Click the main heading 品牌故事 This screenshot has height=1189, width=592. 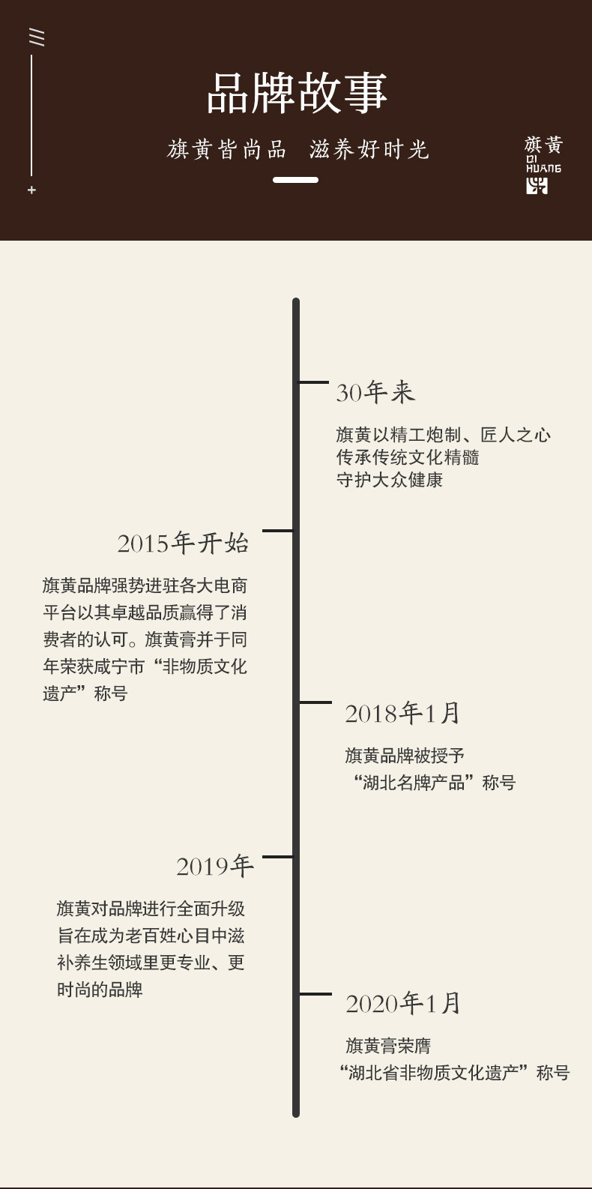point(297,94)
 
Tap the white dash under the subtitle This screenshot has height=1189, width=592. point(295,180)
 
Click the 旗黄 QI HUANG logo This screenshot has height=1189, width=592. point(543,164)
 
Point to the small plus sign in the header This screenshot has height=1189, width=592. point(31,190)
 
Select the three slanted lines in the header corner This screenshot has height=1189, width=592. point(36,37)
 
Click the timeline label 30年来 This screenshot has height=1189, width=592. point(375,392)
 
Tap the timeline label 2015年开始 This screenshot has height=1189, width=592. point(182,543)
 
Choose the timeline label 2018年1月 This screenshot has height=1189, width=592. point(402,713)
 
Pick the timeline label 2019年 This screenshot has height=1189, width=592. point(214,866)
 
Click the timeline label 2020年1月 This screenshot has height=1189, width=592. point(402,1003)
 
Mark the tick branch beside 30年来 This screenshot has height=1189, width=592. point(314,382)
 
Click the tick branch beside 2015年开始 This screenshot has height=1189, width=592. point(278,531)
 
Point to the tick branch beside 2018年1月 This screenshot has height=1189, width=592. point(315,702)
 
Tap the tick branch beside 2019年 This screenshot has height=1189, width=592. point(278,856)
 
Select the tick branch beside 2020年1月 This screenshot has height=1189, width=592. point(315,994)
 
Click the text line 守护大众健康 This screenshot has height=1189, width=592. point(389,480)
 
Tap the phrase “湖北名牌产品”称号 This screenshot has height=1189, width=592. point(434,783)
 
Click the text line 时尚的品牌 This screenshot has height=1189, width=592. point(100,990)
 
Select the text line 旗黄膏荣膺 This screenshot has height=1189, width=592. point(388,1046)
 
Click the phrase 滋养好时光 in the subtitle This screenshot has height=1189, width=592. point(369,150)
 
